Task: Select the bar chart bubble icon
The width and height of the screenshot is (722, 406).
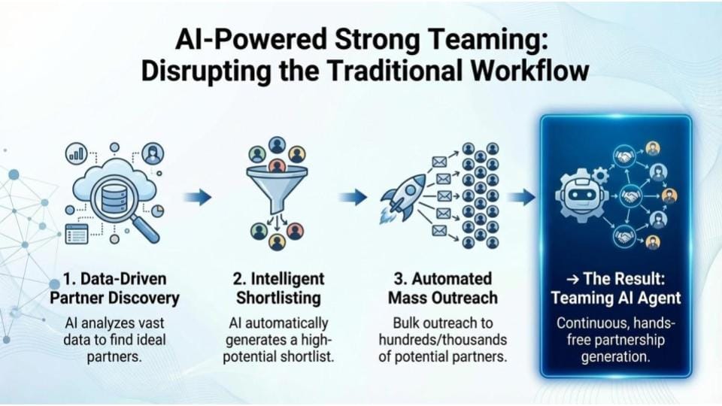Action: pos(77,153)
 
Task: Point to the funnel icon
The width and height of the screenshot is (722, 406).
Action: pos(277,189)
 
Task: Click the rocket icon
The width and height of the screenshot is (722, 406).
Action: pos(403,198)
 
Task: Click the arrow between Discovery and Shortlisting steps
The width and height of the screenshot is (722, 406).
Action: pos(198,197)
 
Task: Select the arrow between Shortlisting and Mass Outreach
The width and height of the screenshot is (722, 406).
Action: pos(353,197)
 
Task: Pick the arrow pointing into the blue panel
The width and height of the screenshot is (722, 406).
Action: pos(521,198)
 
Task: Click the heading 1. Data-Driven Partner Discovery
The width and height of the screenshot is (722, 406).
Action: pos(114,289)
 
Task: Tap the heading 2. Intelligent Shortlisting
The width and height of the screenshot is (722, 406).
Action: pos(278,289)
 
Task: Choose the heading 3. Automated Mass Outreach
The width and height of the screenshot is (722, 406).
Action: pos(443,289)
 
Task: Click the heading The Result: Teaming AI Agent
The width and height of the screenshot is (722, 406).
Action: pos(616,289)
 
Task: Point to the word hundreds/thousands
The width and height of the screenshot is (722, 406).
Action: pos(443,340)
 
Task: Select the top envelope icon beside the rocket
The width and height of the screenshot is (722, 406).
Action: pos(439,162)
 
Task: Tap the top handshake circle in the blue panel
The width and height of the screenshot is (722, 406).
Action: pos(624,157)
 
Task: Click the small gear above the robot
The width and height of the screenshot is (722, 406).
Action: pos(599,175)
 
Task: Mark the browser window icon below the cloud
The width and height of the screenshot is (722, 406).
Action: pos(77,234)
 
